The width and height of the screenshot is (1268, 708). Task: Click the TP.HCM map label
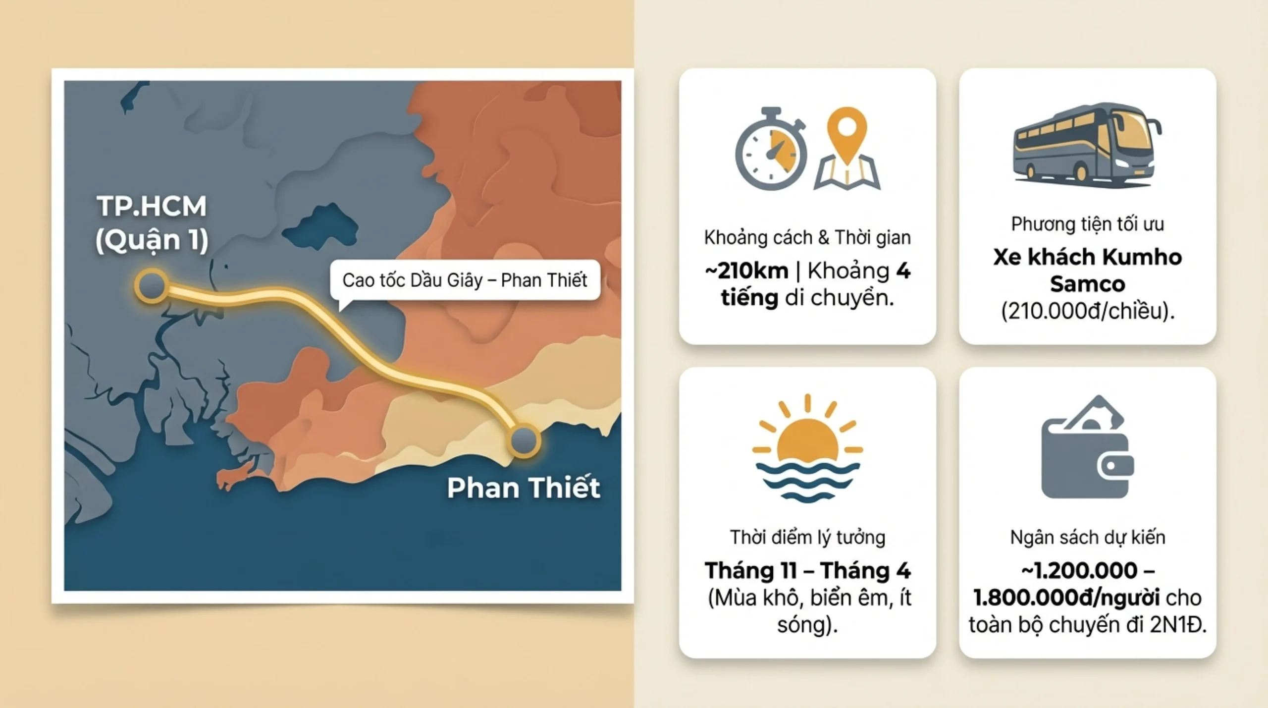152,206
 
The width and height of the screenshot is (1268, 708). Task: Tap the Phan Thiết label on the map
524,488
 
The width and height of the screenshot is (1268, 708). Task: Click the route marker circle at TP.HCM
151,286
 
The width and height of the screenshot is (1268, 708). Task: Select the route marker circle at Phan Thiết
524,439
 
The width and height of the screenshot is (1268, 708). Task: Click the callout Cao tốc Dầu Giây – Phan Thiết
465,280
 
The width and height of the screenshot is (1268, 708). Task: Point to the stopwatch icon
771,148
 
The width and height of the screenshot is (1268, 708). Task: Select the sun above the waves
808,431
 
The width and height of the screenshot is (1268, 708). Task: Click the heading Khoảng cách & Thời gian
807,238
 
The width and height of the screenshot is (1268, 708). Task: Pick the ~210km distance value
746,271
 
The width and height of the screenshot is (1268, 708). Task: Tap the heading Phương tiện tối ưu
1087,224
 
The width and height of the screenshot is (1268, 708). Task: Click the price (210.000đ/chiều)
1088,311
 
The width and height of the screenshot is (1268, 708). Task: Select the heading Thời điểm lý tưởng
807,537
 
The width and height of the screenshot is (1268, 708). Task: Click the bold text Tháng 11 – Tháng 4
808,571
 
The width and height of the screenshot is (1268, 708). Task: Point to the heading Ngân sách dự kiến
1088,538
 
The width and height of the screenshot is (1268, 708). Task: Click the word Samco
1088,284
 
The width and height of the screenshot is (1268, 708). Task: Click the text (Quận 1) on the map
152,240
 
